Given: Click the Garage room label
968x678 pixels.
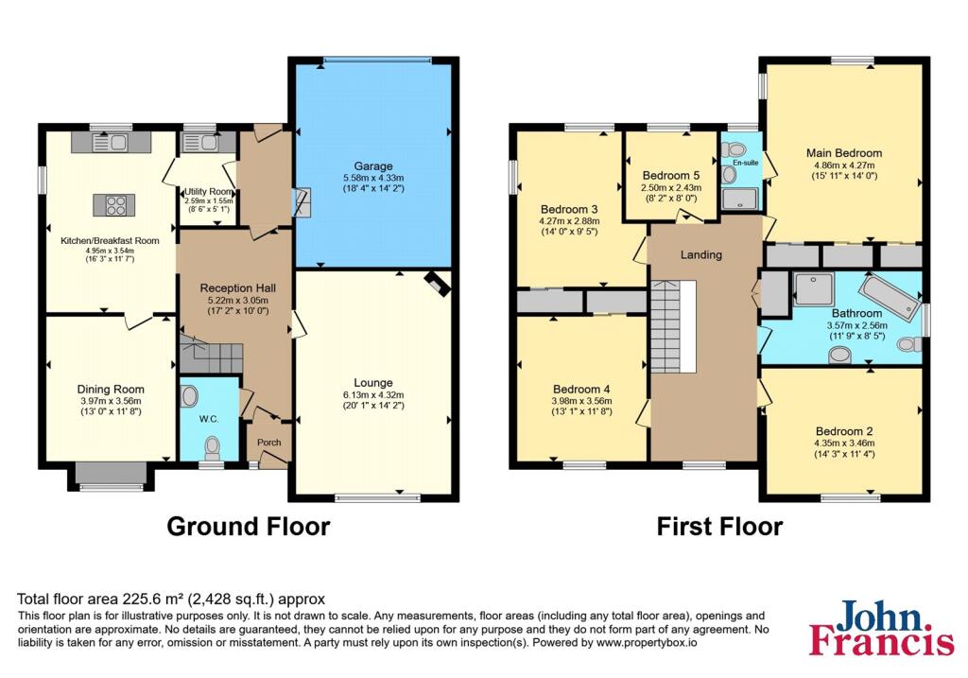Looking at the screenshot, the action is click(x=372, y=166).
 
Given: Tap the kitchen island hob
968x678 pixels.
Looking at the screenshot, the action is click(x=114, y=205).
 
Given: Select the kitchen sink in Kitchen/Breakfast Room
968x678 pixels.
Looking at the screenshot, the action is click(x=110, y=143).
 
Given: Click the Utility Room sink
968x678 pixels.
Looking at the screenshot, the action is click(x=200, y=143).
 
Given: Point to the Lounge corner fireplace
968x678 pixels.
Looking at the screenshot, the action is click(x=437, y=283).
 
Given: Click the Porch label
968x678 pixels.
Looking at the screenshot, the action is click(x=269, y=443).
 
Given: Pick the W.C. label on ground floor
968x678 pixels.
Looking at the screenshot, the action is click(x=209, y=419).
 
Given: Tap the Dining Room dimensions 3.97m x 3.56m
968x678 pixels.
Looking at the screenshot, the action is click(x=112, y=401).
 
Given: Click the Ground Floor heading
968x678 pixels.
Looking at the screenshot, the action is click(x=249, y=527).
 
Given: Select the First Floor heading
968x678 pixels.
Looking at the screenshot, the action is click(x=719, y=527).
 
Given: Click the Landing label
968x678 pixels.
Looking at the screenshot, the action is click(x=701, y=254).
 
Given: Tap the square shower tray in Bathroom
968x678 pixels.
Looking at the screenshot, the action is click(x=814, y=289).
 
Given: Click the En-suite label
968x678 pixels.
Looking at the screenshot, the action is click(x=745, y=163).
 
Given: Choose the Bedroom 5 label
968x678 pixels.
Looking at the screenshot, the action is click(x=671, y=175).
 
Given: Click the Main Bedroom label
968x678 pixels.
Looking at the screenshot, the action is click(x=844, y=152).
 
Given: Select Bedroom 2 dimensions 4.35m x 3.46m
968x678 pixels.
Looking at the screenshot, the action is click(x=844, y=443).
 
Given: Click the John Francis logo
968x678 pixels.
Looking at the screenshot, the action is click(x=882, y=627).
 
